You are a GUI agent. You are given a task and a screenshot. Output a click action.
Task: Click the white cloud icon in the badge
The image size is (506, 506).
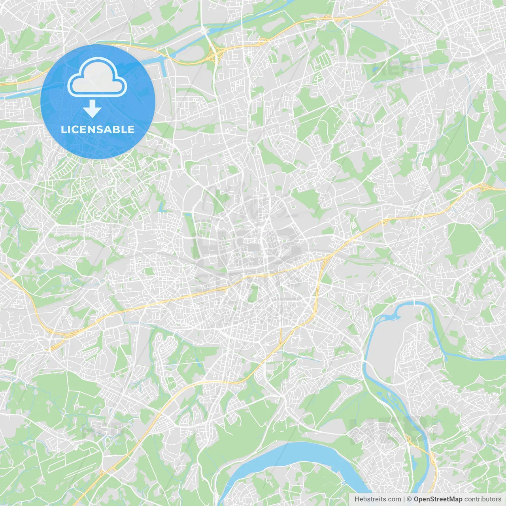pyautogui.click(x=97, y=77)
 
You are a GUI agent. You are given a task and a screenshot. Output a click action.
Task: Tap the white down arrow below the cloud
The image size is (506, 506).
pyautogui.click(x=93, y=109)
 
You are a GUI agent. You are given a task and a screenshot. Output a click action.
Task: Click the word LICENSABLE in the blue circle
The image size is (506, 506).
pyautogui.click(x=98, y=129)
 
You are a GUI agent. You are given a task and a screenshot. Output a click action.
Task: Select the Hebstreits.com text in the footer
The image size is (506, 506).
pyautogui.click(x=378, y=499)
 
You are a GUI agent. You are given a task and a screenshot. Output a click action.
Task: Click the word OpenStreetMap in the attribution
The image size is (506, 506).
pyautogui.click(x=438, y=499)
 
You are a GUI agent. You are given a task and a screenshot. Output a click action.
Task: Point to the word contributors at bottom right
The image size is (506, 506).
pyautogui.click(x=483, y=499)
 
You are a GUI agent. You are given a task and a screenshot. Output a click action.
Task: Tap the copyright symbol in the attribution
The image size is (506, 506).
pyautogui.click(x=409, y=499)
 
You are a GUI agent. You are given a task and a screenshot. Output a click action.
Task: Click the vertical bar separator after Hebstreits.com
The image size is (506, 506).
pyautogui.click(x=404, y=499)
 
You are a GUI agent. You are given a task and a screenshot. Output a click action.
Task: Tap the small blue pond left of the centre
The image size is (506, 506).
pyautogui.click(x=161, y=206)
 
